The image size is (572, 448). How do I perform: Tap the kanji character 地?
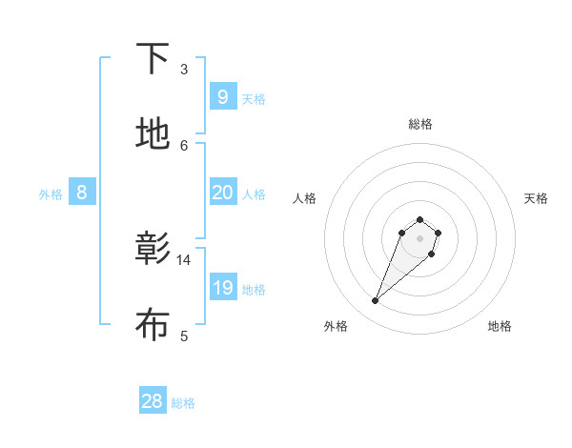pyautogui.click(x=153, y=134)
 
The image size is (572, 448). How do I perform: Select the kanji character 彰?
pyautogui.click(x=153, y=249)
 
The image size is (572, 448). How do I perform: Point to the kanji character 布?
pyautogui.click(x=153, y=325)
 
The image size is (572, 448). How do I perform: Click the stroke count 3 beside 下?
pyautogui.click(x=184, y=70)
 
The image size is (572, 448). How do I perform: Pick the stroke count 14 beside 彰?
pyautogui.click(x=184, y=259)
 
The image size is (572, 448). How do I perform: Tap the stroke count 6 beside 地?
pyautogui.click(x=184, y=145)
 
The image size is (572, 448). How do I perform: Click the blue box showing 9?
pyautogui.click(x=222, y=96)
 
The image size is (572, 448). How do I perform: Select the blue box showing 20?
pyautogui.click(x=222, y=193)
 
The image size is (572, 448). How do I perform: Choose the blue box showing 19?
pyautogui.click(x=222, y=288)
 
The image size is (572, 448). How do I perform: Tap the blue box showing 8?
pyautogui.click(x=82, y=193)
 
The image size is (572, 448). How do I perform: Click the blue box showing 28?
pyautogui.click(x=153, y=401)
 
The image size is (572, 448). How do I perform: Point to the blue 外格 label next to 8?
pyautogui.click(x=51, y=194)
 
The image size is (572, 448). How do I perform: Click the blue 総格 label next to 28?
pyautogui.click(x=183, y=403)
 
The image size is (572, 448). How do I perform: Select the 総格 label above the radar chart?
pyautogui.click(x=420, y=124)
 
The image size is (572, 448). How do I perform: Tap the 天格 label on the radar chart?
pyautogui.click(x=537, y=198)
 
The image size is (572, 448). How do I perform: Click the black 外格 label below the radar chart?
pyautogui.click(x=336, y=326)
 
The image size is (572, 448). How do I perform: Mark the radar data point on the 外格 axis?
pyautogui.click(x=376, y=301)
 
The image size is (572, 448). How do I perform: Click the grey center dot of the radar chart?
pyautogui.click(x=420, y=238)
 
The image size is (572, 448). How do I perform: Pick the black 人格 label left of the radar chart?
pyautogui.click(x=305, y=198)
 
